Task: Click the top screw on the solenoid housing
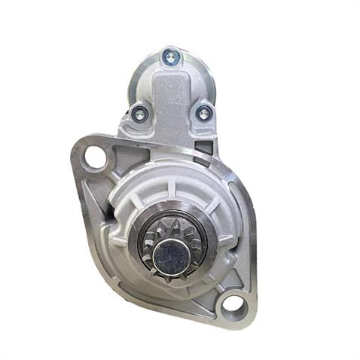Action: pyautogui.click(x=170, y=56)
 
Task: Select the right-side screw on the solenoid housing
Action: pyautogui.click(x=203, y=113)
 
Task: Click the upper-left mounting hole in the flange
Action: pyautogui.click(x=95, y=157)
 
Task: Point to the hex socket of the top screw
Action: pyautogui.click(x=170, y=56)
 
